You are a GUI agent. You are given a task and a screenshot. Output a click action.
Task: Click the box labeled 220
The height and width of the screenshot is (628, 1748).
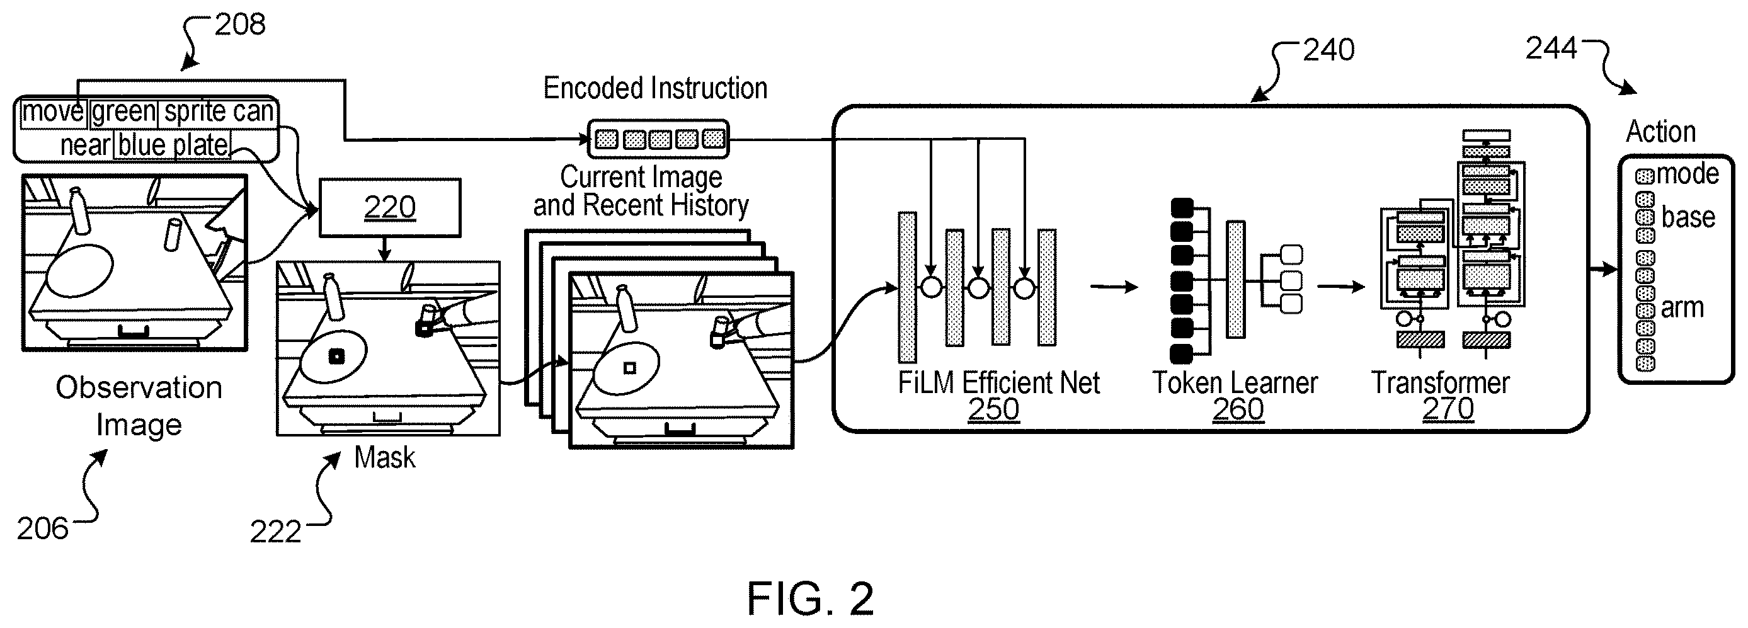click(x=389, y=207)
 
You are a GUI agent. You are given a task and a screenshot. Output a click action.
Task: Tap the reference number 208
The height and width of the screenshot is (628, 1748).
click(x=240, y=25)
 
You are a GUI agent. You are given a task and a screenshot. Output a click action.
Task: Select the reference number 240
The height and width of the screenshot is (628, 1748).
click(x=1328, y=50)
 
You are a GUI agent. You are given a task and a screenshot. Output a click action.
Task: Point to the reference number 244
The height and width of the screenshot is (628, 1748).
click(x=1551, y=48)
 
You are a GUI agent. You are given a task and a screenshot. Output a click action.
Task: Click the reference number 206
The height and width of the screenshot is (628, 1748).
click(x=43, y=529)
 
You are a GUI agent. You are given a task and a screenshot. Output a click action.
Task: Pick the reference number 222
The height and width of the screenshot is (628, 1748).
click(x=275, y=532)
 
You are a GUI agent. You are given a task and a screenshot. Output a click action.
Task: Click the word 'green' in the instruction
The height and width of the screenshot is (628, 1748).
click(x=124, y=111)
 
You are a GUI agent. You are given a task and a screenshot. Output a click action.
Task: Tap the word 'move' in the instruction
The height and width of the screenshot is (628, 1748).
click(x=53, y=111)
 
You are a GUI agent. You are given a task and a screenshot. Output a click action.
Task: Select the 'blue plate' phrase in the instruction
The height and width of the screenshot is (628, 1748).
click(x=173, y=145)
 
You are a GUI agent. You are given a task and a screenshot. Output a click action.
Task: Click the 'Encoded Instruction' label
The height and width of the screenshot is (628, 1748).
click(x=656, y=88)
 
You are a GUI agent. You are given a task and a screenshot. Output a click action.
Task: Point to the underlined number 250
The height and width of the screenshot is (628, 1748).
click(x=993, y=409)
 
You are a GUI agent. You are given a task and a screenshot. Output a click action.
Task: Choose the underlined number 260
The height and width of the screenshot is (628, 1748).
click(x=1238, y=409)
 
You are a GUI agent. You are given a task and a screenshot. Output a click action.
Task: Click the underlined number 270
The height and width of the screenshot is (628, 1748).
click(x=1448, y=408)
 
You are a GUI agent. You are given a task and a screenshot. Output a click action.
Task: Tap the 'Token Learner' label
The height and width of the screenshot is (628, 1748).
click(x=1235, y=383)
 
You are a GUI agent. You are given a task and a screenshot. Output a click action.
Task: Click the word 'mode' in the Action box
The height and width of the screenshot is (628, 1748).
click(x=1688, y=174)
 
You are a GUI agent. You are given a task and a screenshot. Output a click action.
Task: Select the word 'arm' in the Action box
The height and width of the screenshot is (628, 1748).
click(x=1682, y=309)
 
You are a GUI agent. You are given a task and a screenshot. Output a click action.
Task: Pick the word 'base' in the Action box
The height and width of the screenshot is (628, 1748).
click(x=1688, y=217)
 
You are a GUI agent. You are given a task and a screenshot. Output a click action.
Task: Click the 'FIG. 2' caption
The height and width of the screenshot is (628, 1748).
click(x=811, y=599)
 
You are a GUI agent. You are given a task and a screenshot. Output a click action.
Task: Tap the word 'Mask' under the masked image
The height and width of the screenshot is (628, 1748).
click(x=385, y=458)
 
